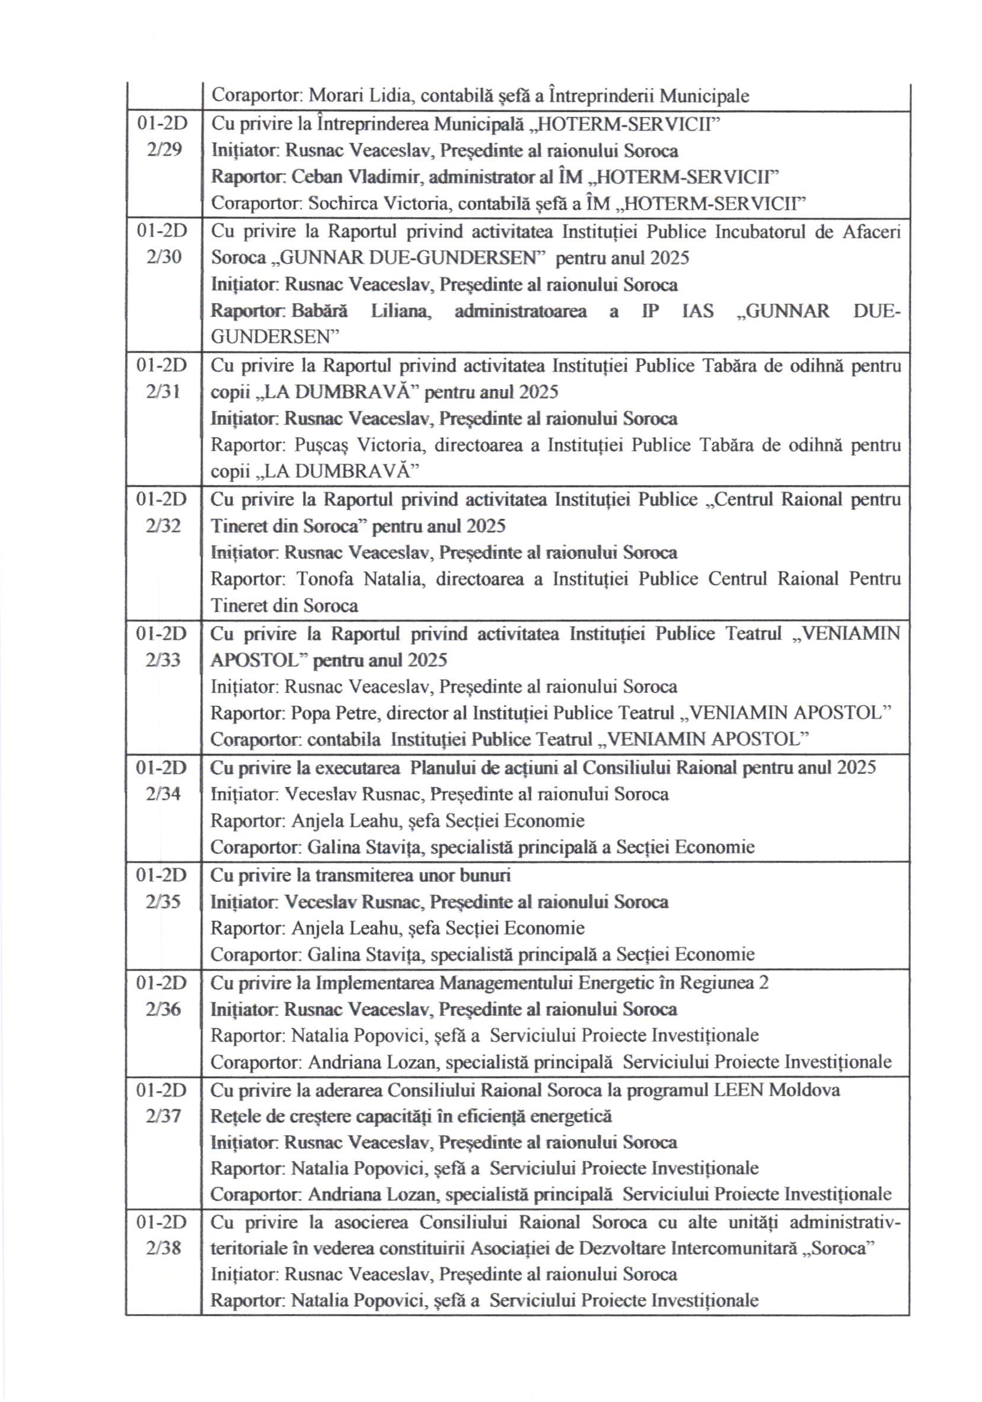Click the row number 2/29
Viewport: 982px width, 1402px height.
[x=164, y=150]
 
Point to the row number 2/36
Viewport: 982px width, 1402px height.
[x=164, y=1009]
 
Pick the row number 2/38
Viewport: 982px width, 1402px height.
[x=164, y=1249]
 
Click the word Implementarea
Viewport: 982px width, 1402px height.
[x=374, y=983]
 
